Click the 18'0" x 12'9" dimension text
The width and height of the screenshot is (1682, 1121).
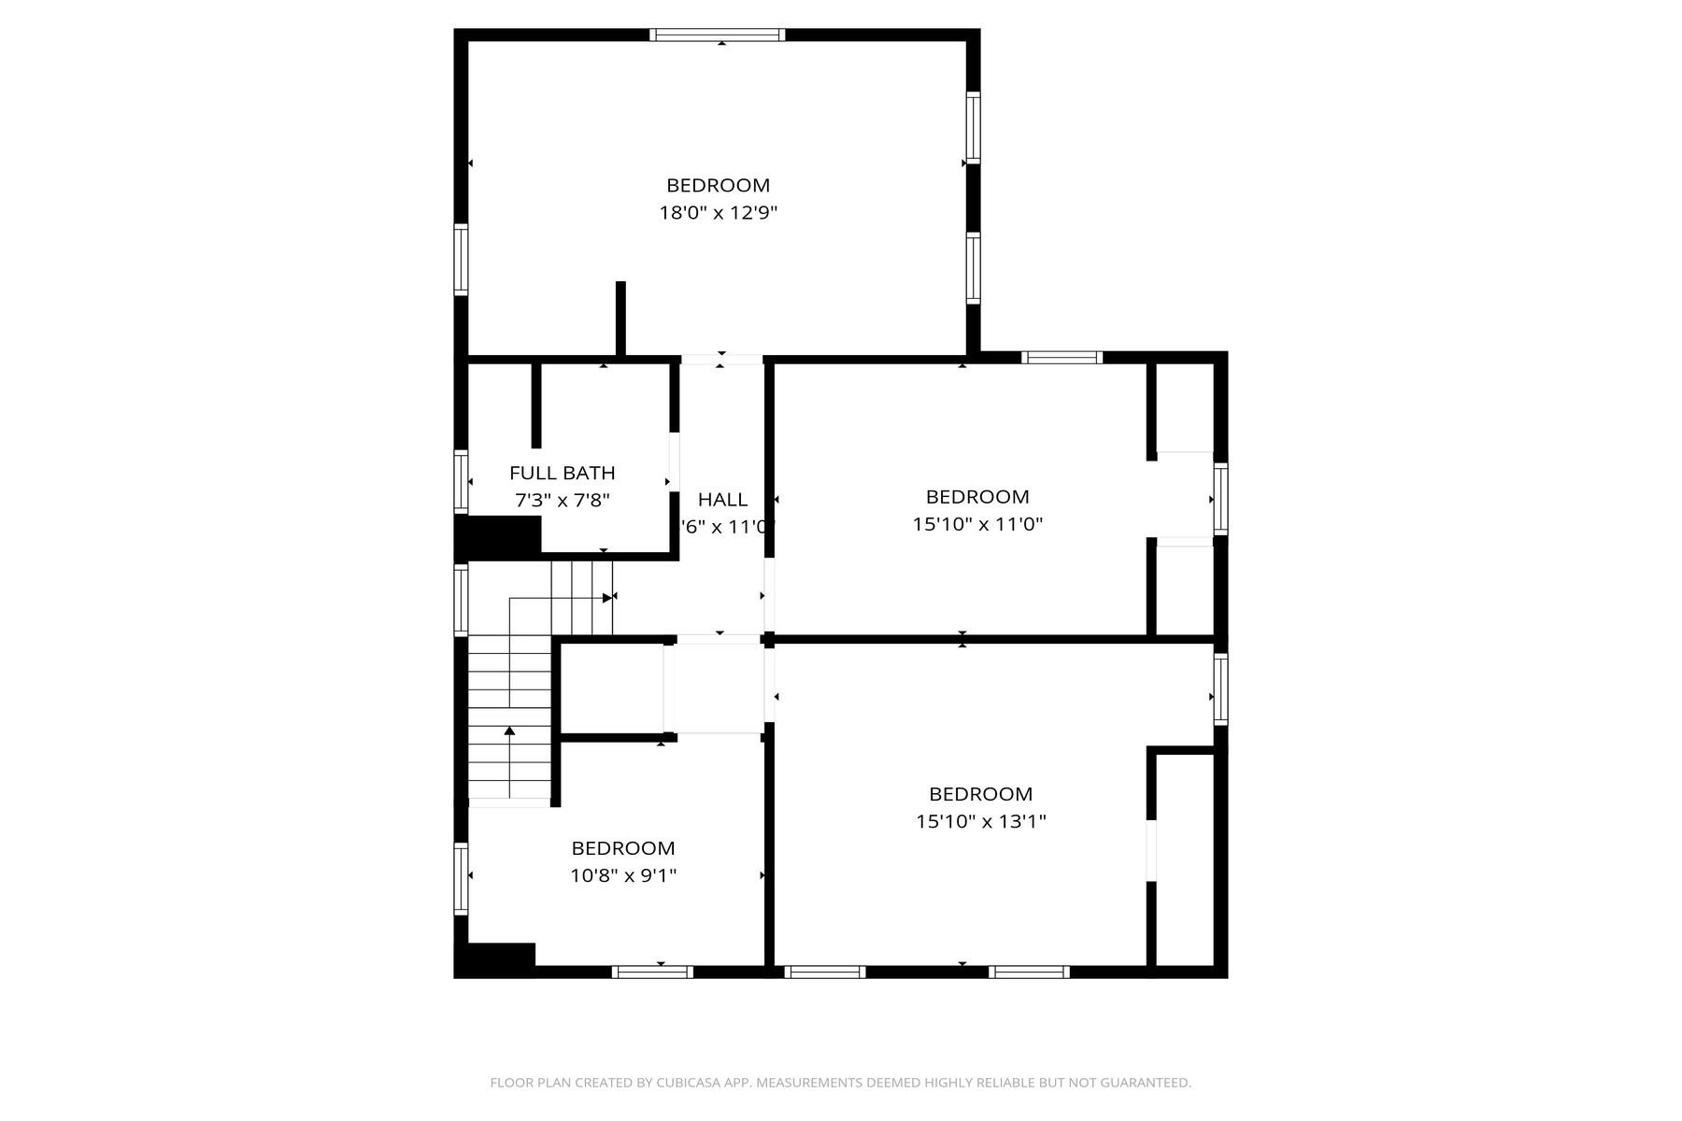718,213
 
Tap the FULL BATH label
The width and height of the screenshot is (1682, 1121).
562,473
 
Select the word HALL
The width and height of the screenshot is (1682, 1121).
722,499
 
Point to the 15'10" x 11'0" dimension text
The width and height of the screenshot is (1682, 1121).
977,524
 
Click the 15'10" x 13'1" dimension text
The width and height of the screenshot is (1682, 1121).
980,821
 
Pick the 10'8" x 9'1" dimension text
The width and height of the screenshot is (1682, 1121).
623,875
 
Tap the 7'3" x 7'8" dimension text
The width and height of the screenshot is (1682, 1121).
562,501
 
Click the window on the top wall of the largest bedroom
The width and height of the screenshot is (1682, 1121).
717,35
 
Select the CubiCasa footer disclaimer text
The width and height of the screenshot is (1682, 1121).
840,1083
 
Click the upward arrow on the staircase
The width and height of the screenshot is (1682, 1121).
509,731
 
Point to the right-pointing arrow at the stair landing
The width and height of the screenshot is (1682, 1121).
607,597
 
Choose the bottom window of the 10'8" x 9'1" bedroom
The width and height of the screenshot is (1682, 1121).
652,972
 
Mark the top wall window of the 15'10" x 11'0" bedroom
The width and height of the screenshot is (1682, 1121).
1062,357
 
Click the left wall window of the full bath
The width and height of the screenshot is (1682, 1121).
461,481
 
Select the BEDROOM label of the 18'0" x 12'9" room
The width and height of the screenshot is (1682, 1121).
718,185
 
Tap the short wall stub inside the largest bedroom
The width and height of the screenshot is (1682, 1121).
620,318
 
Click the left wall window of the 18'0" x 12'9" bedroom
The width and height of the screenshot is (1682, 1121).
461,259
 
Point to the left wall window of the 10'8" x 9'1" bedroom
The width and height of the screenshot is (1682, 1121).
461,878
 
